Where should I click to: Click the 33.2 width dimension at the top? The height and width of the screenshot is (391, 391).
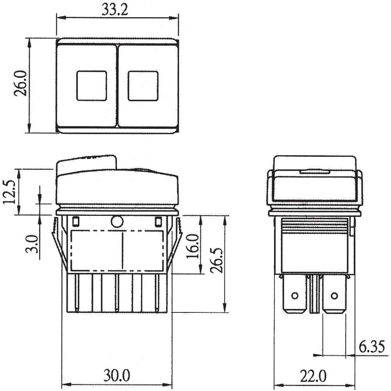115,9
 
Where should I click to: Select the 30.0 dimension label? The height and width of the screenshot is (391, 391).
117,376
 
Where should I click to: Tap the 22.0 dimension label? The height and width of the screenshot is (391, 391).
313,376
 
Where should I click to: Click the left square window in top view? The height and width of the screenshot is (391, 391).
91,86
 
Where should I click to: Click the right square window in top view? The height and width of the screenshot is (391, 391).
143,86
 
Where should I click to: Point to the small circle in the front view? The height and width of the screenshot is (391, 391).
117,222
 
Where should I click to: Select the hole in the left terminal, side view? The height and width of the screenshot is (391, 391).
295,295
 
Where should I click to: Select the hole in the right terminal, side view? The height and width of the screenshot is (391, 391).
334,295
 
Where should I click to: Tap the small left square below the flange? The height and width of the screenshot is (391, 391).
76,222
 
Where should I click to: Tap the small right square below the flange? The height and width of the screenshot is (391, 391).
158,222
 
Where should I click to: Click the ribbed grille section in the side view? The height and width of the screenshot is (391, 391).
315,226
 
